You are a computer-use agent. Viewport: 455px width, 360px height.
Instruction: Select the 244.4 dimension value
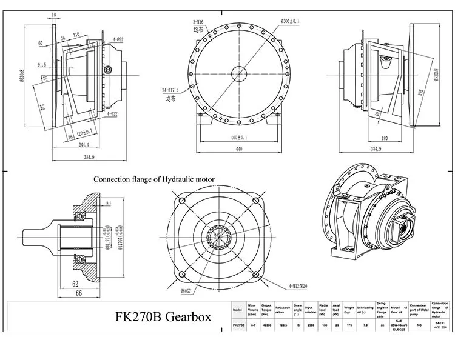coord(76,145)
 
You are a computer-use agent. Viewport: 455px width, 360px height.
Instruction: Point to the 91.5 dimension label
coord(41,64)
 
